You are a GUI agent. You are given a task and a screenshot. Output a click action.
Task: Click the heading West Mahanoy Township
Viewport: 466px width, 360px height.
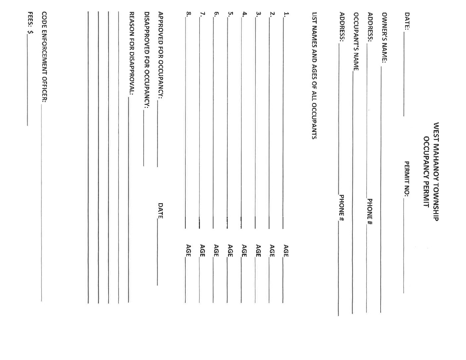(436, 172)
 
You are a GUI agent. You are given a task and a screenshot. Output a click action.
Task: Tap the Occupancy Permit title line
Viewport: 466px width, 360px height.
(426, 172)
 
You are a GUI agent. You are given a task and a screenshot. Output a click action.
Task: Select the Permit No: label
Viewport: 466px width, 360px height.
(407, 179)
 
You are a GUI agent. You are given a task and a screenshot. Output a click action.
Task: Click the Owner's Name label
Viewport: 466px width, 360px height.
(384, 38)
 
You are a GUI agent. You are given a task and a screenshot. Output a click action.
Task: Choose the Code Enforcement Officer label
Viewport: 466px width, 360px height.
(44, 57)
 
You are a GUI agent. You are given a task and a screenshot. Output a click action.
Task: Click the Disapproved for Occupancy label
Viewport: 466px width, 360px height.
(147, 60)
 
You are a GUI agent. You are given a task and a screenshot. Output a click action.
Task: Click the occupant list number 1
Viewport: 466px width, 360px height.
(286, 14)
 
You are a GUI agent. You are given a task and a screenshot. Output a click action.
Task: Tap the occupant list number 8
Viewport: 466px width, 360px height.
(188, 14)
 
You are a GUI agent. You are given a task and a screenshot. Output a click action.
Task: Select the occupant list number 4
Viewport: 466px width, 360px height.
(245, 14)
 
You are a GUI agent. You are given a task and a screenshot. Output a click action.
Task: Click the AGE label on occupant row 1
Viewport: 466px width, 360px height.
(286, 250)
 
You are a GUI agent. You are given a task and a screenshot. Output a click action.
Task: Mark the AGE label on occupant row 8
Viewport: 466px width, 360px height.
(188, 250)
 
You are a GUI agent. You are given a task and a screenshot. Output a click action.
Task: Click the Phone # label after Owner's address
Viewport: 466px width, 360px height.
(370, 212)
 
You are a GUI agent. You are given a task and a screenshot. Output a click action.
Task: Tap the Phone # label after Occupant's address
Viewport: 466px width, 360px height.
(342, 208)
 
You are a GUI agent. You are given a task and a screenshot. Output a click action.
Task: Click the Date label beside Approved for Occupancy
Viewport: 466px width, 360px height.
(161, 210)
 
